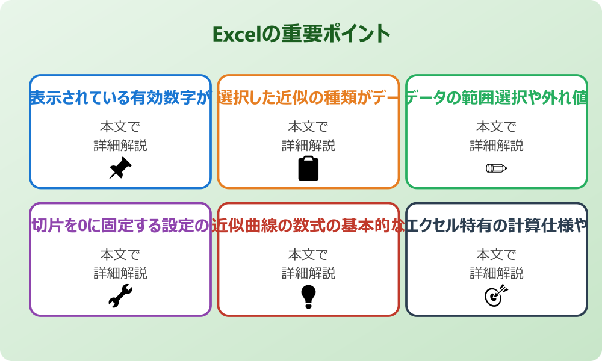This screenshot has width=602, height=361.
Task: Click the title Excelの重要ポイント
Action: pos(301,34)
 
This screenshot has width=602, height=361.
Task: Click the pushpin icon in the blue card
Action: pos(120,168)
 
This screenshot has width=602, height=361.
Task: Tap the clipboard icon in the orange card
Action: pos(308,168)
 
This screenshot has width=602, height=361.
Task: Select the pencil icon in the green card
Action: pos(496,168)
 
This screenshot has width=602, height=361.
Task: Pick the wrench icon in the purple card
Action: pos(120,296)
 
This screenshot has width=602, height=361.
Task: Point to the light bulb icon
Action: pos(308,297)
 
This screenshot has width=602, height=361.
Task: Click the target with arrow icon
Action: pos(496,296)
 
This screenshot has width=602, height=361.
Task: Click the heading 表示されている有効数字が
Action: pos(120,97)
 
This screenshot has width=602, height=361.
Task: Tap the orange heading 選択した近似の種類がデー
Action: pos(308,97)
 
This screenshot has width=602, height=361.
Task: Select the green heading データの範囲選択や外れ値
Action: pos(496,97)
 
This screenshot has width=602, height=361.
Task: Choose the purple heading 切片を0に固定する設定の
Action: pos(120,226)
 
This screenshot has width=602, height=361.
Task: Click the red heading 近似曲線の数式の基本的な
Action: pos(308,226)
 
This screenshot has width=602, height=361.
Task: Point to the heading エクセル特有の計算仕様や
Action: pos(496,226)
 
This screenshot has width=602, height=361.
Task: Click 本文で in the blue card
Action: pos(120,127)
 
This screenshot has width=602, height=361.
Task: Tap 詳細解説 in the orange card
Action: pos(308,146)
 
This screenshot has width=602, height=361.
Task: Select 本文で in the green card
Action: pos(496,127)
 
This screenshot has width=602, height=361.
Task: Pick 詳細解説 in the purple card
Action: pos(120,274)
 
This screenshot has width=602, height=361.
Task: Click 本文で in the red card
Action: pos(308,255)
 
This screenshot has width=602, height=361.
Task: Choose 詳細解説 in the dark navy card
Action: pos(496,274)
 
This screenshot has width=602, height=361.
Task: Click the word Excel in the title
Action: pos(237,34)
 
